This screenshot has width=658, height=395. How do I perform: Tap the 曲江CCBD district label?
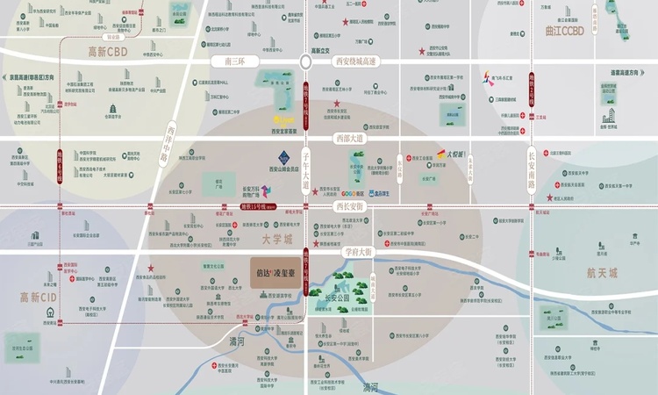562,31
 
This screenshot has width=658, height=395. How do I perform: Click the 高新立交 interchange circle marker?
305,62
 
